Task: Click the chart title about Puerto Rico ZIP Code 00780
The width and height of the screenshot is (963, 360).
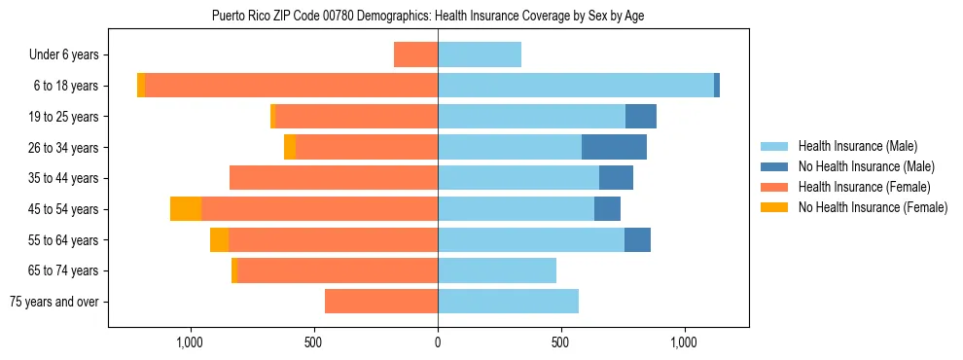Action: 428,16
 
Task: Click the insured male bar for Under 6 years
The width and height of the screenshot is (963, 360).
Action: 480,54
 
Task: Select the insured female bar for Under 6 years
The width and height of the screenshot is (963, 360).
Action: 415,54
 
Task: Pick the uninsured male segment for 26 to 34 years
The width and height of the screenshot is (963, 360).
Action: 614,147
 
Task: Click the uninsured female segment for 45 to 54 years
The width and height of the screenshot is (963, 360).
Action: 186,209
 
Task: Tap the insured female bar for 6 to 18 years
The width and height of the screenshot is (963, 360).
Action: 292,86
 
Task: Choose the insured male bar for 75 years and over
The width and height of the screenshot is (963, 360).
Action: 508,302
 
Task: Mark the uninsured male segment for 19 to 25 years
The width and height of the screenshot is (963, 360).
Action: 641,117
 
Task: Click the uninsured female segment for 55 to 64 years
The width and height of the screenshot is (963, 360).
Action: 219,240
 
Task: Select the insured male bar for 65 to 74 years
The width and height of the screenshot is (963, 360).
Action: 497,270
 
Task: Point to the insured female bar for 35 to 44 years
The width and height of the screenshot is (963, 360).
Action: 334,178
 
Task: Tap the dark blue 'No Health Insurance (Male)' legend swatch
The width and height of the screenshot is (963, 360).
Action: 774,166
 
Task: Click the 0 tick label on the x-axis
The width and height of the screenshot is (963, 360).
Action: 438,342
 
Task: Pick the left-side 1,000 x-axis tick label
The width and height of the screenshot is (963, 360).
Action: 190,342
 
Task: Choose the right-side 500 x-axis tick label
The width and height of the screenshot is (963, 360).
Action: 560,342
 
